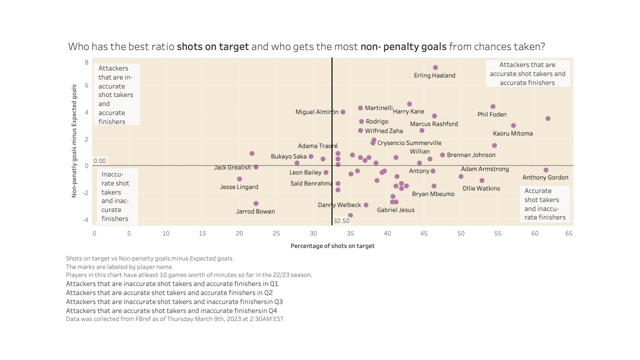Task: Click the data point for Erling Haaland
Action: pyautogui.click(x=435, y=67)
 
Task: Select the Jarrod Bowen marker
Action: pyautogui.click(x=256, y=203)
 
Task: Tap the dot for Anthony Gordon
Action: pyautogui.click(x=546, y=170)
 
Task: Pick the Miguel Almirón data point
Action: pyautogui.click(x=343, y=112)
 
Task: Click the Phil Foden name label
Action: pyautogui.click(x=492, y=114)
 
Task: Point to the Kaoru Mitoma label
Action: pyautogui.click(x=512, y=133)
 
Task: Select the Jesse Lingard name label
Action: pyautogui.click(x=239, y=187)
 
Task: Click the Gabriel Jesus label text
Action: pyautogui.click(x=395, y=210)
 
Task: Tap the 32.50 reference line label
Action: pyautogui.click(x=341, y=220)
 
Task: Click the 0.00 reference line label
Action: pyautogui.click(x=100, y=161)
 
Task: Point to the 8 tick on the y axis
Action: pyautogui.click(x=86, y=62)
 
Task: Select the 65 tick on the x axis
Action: pyautogui.click(x=569, y=233)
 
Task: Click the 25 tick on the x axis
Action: pyautogui.click(x=276, y=233)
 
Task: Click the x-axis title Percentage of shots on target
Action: pyautogui.click(x=332, y=246)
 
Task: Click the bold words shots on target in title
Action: pyautogui.click(x=212, y=47)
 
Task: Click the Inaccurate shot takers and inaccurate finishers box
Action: pyautogui.click(x=116, y=196)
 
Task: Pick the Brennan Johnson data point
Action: pyautogui.click(x=442, y=155)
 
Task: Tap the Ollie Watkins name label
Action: pyautogui.click(x=481, y=188)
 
